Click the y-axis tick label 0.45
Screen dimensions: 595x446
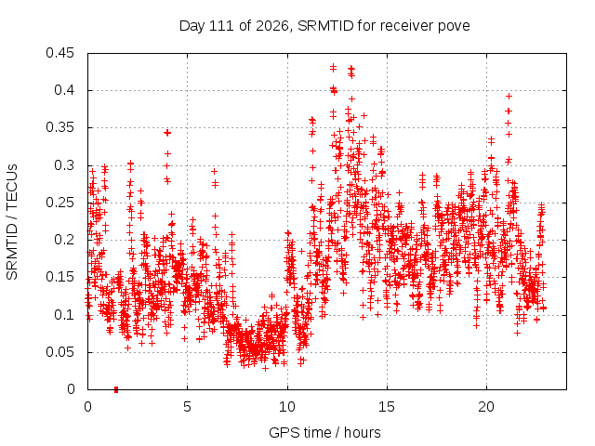(59, 53)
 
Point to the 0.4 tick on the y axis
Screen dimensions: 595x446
(64, 90)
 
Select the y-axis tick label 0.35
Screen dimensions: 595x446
(59, 127)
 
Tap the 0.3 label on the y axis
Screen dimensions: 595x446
(64, 165)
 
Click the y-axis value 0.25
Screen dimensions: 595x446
(59, 203)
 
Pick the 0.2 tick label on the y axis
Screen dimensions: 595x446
(64, 240)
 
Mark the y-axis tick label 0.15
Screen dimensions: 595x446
(59, 277)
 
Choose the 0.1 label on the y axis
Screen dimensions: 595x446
(64, 315)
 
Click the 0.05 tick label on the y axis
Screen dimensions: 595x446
(59, 352)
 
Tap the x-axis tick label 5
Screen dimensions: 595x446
(188, 407)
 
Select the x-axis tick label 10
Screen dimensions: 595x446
(287, 407)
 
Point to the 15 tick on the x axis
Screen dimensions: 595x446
(387, 407)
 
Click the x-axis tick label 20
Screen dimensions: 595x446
(486, 407)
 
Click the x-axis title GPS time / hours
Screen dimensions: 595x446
(324, 433)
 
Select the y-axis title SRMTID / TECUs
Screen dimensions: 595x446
(12, 222)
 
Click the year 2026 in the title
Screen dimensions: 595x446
(271, 26)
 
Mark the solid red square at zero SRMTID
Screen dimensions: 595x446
(116, 389)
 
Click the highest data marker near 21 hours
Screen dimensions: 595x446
(509, 97)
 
